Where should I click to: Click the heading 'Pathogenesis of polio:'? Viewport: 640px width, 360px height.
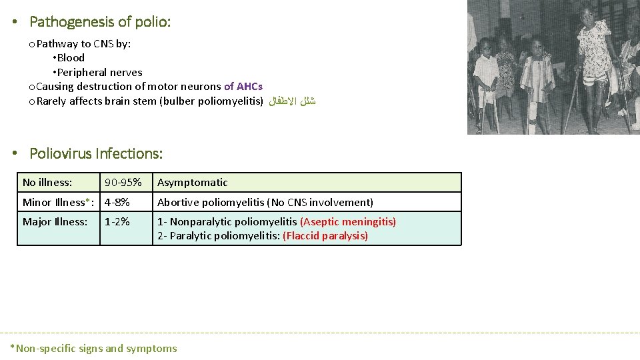coord(100,22)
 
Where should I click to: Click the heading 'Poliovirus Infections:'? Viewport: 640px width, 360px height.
coord(96,153)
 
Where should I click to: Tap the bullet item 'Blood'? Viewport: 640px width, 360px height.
coord(71,57)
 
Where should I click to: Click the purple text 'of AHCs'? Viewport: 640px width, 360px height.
coord(243,86)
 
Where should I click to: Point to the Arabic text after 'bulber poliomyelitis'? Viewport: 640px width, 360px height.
coord(292,102)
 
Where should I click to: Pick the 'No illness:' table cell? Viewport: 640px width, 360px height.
coord(47,183)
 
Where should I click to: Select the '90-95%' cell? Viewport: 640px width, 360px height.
coord(123,183)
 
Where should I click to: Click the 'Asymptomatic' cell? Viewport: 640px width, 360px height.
coord(193,183)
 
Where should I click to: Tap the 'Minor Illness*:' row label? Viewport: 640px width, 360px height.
coord(59,202)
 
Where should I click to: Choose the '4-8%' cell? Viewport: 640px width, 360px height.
coord(117,202)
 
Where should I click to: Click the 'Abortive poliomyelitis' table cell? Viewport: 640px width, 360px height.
coord(265,202)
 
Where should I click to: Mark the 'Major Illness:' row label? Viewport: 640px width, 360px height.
coord(55,222)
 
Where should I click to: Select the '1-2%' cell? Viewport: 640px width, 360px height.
coord(117,222)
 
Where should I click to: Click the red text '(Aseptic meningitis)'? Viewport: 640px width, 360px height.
coord(348,222)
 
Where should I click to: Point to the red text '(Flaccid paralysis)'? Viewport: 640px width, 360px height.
coord(325,236)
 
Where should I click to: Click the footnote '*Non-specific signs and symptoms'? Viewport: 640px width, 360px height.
coord(93,348)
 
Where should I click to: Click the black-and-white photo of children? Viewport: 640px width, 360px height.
coord(553,67)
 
